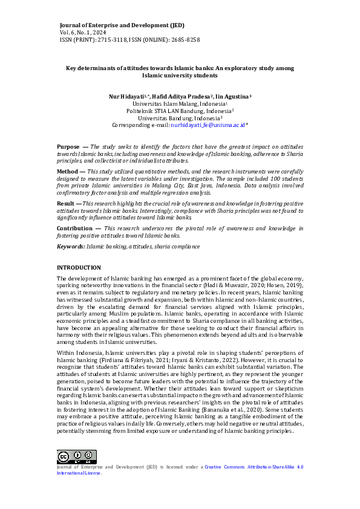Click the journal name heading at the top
point(122,25)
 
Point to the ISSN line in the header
point(129,40)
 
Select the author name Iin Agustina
point(235,96)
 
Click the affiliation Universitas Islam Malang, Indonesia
point(179,103)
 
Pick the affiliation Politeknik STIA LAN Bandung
point(179,111)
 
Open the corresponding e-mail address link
point(208,125)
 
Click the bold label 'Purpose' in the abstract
point(68,147)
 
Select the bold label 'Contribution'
point(74,229)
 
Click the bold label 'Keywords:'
point(71,247)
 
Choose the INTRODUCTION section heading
point(79,268)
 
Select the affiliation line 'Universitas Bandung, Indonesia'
point(179,118)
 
